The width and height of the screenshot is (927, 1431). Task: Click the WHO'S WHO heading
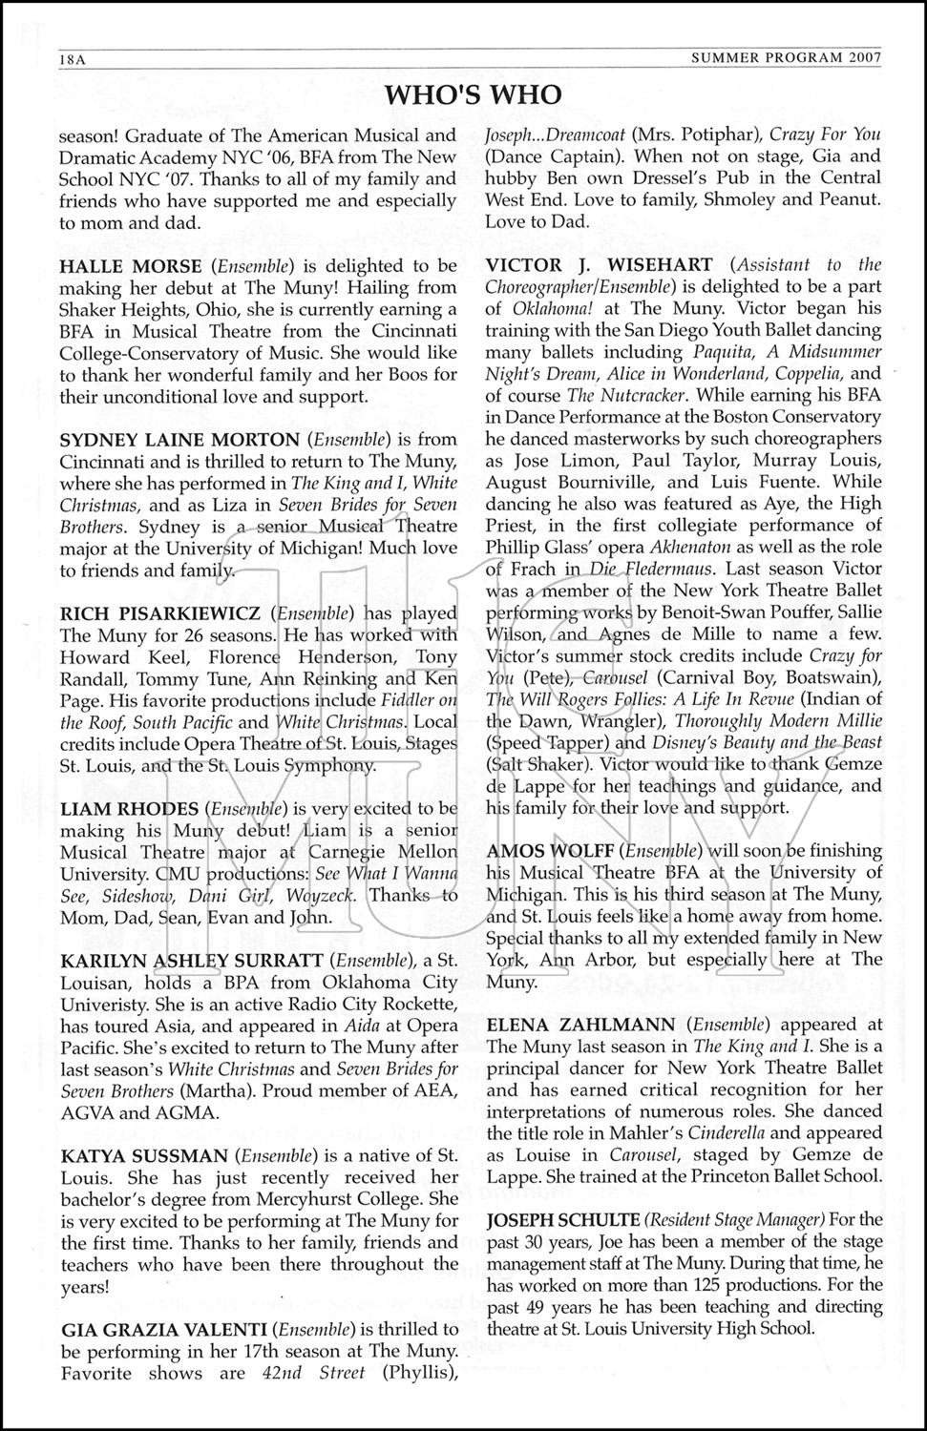tap(474, 94)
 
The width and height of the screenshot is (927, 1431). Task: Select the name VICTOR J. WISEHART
tap(599, 264)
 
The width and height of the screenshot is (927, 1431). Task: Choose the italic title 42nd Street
tap(313, 1373)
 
